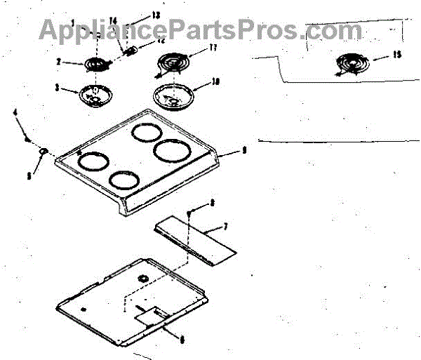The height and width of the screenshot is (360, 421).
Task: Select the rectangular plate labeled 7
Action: tap(193, 240)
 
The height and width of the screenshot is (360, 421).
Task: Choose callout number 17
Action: tap(215, 48)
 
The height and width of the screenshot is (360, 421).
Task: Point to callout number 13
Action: tap(155, 15)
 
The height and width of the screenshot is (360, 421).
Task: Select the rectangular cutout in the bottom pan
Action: tap(150, 314)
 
